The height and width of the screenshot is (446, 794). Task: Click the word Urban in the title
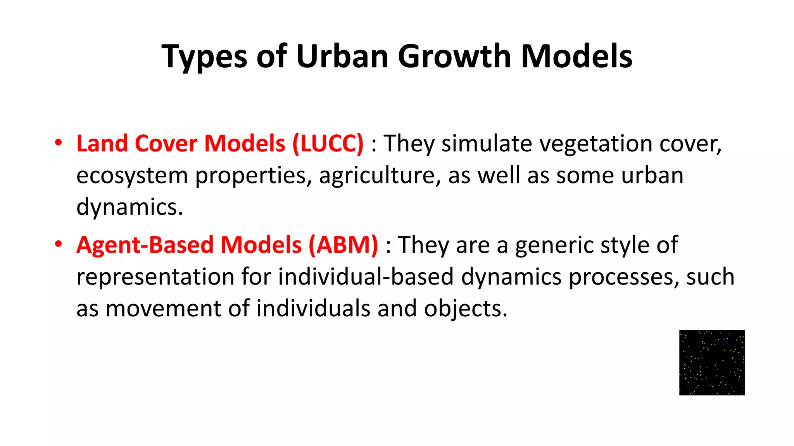click(x=342, y=56)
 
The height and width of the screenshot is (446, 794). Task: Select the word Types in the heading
click(x=204, y=57)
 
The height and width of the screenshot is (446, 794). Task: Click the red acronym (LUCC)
click(x=328, y=144)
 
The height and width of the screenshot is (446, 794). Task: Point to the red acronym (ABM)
click(x=343, y=245)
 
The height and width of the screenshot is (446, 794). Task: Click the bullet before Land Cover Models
click(x=58, y=143)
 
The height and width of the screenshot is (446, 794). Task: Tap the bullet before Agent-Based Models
click(x=58, y=244)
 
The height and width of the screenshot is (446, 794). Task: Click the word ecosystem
click(x=132, y=176)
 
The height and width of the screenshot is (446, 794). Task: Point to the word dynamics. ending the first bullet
click(x=129, y=207)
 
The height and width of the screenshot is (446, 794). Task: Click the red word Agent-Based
click(x=145, y=245)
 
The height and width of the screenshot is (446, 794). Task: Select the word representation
click(x=155, y=277)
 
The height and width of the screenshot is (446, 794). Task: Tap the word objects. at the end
click(x=466, y=309)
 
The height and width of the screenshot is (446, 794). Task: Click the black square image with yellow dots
click(x=712, y=363)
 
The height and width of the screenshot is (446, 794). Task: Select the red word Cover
click(x=166, y=144)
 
